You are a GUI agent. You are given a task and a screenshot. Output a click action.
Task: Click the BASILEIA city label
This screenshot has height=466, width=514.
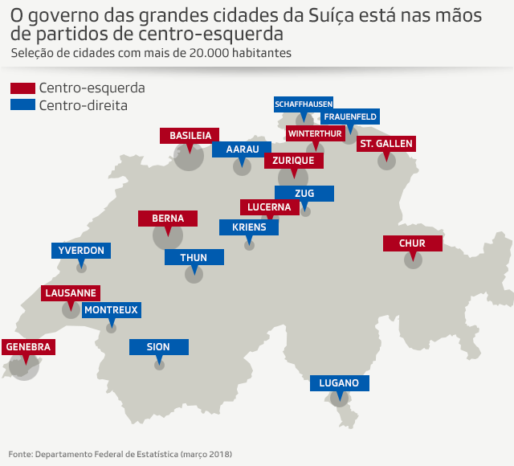click(190, 136)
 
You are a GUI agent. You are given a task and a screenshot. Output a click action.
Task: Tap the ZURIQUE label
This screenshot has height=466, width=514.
click(294, 161)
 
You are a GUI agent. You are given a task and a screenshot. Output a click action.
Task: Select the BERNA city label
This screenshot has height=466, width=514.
click(168, 219)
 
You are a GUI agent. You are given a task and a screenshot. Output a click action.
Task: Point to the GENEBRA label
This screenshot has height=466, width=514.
click(28, 347)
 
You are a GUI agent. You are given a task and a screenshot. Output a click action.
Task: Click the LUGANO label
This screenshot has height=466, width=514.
click(340, 383)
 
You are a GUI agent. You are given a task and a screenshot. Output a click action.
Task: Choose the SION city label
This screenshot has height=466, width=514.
click(159, 347)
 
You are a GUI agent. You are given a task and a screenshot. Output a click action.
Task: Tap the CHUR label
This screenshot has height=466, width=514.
click(413, 243)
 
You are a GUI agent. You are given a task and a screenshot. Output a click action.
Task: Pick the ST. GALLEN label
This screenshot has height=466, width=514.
click(386, 144)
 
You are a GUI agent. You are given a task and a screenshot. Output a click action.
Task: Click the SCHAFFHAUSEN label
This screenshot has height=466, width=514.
click(304, 104)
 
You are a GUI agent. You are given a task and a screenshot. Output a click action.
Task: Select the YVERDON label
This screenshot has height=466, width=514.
click(81, 251)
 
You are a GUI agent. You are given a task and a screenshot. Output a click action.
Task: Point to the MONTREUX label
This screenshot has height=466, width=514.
click(112, 309)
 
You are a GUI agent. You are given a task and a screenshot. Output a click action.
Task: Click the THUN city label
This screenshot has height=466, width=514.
click(194, 258)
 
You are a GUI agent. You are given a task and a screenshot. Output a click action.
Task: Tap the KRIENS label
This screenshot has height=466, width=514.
click(249, 227)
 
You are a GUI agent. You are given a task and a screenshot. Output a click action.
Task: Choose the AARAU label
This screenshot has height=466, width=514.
click(242, 149)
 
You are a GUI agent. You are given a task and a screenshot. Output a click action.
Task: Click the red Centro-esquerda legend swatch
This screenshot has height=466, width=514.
click(22, 88)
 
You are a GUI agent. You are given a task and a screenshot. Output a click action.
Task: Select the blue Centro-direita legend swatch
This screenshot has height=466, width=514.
click(22, 105)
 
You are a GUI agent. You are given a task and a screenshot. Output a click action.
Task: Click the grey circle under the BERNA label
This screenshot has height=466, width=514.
click(168, 236)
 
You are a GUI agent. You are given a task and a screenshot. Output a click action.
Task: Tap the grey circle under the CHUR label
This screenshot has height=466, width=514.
click(413, 260)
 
